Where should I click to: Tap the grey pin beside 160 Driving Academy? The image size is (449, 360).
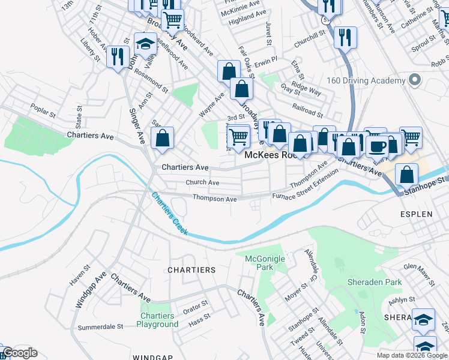pos(414,80)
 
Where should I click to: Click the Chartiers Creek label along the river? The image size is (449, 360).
pos(169,214)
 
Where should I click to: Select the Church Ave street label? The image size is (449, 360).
pos(202,182)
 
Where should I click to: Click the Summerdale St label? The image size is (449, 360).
pos(100,327)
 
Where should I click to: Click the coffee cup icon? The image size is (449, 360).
pos(377,146)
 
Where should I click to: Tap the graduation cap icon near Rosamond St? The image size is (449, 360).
pos(145,43)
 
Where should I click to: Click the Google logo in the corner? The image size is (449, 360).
pos(20,353)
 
